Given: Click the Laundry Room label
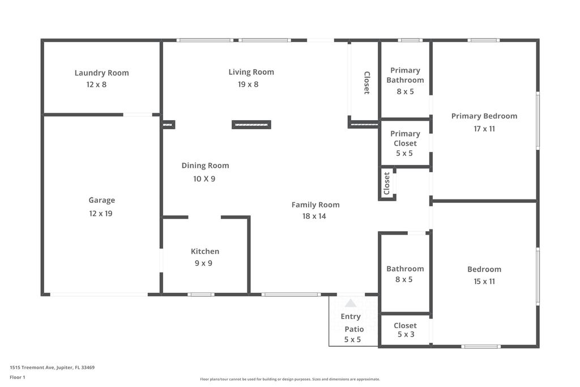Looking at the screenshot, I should click(x=101, y=73).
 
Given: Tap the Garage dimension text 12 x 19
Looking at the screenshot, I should click(x=101, y=214).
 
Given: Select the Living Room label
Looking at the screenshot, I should click(x=251, y=72).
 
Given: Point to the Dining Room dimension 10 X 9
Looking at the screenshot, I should click(x=204, y=178).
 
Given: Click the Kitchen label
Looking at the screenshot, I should click(x=204, y=251).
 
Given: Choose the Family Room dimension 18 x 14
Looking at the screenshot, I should click(x=314, y=216).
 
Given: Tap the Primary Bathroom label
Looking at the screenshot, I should click(x=405, y=75).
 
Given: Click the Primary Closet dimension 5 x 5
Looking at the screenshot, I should click(x=405, y=153).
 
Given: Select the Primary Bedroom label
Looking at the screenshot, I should click(x=484, y=116).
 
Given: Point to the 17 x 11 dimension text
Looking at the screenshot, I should click(x=484, y=129).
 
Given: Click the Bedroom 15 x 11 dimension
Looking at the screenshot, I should click(x=484, y=281).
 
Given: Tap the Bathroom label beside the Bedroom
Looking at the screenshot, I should click(x=405, y=269).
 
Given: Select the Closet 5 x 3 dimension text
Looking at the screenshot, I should click(x=405, y=335).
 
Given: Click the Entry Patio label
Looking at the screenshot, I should click(x=352, y=323).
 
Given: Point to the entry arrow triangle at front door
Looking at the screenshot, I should click(x=351, y=303).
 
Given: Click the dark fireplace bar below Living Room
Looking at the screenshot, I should click(x=251, y=125).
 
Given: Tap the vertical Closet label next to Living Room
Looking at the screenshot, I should click(x=366, y=83).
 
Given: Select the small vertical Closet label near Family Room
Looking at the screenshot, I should click(x=387, y=183).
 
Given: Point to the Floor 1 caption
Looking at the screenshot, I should click(x=18, y=377).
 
